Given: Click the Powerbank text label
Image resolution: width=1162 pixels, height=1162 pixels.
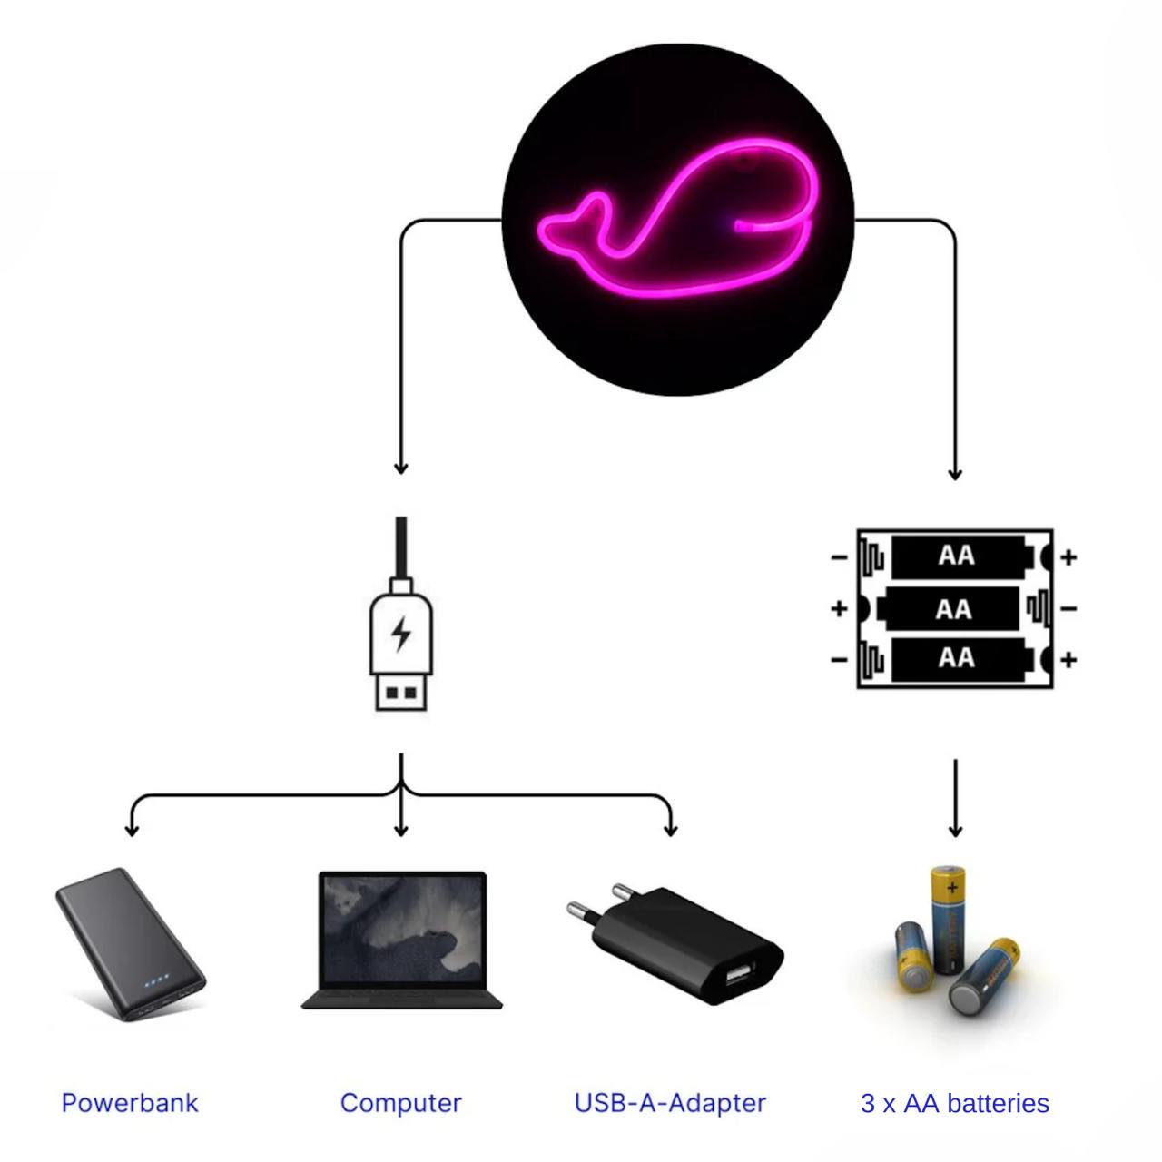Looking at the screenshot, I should pos(129,1103).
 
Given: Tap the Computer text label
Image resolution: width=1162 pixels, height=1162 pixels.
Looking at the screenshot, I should pos(400,1103).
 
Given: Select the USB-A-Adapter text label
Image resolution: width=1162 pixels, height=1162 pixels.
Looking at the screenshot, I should pos(670,1103).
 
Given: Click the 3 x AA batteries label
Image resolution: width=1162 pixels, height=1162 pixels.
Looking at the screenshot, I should pos(954,1103).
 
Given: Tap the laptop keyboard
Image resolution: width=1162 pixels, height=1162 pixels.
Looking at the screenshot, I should pos(402,999).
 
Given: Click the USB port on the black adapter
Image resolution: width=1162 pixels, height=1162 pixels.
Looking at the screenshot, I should pos(736,977).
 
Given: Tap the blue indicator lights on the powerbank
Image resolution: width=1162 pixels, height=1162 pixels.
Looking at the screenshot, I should pos(152,980).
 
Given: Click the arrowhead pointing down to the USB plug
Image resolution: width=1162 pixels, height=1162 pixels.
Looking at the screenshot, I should pos(400,468).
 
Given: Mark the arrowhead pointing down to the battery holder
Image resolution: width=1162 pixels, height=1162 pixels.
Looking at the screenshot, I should pos(954,473).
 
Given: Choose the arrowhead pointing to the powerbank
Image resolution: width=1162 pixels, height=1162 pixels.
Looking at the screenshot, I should pos(132,829).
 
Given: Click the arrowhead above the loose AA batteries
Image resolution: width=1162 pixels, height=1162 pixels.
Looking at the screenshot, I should pos(954,830).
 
